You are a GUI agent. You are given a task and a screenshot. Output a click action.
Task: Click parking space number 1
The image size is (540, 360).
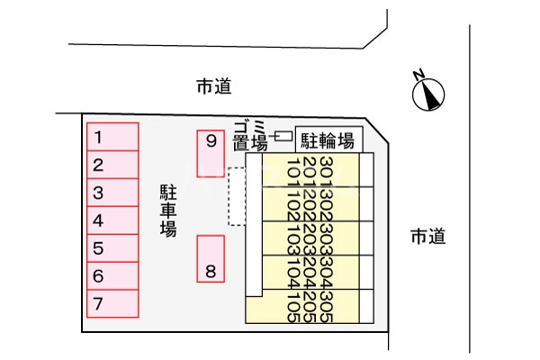click(x=112, y=137)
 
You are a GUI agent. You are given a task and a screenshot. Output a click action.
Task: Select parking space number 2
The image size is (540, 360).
click(x=112, y=165)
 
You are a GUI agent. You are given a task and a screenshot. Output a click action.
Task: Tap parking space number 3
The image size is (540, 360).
click(x=112, y=193)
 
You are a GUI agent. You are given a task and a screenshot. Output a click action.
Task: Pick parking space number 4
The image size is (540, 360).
click(x=112, y=220)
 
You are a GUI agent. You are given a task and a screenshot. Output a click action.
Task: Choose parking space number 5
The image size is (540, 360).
click(x=112, y=248)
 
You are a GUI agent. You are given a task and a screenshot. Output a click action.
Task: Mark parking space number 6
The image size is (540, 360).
click(x=112, y=276)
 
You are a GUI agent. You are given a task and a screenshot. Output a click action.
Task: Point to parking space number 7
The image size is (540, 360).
click(x=112, y=304)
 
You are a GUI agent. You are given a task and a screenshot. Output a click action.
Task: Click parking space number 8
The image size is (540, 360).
click(x=211, y=259)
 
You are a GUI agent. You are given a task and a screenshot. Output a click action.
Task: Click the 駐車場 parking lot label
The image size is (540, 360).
click(x=168, y=211)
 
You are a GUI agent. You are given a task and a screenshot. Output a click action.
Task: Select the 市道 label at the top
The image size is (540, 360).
click(x=214, y=86)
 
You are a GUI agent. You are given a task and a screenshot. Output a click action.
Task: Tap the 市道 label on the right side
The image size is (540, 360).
click(x=428, y=237)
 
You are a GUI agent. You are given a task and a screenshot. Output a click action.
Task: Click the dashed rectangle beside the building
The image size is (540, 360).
click(x=237, y=196)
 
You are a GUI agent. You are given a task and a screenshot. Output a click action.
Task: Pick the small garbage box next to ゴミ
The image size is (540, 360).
click(x=283, y=137)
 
